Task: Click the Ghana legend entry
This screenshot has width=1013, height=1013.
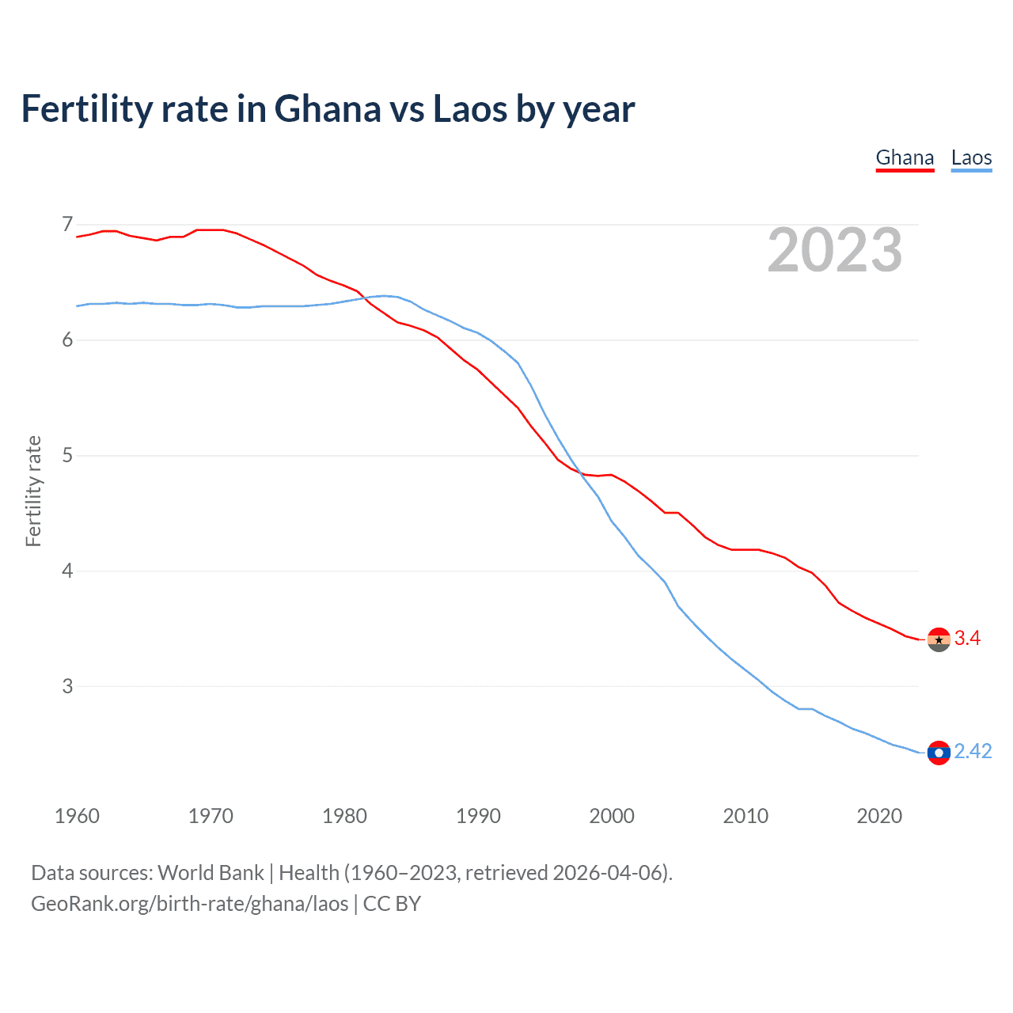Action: (905, 157)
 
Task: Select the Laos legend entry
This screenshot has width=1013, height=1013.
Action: (971, 157)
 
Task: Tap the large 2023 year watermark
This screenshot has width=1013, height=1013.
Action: (834, 250)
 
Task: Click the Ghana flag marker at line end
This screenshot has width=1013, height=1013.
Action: (939, 639)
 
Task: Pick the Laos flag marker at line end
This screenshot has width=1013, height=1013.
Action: (939, 753)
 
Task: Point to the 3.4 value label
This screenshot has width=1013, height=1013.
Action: (967, 639)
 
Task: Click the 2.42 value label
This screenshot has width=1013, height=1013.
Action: (973, 751)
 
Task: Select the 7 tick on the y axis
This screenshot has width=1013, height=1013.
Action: (67, 225)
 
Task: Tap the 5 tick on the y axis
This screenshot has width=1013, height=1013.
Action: (67, 456)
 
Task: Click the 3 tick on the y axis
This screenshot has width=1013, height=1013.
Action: (67, 686)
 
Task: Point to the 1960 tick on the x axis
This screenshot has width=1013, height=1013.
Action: (77, 816)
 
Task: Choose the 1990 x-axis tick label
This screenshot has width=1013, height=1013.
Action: (478, 816)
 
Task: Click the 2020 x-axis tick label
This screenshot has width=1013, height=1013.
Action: (879, 816)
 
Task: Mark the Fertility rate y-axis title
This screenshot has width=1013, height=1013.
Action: (33, 491)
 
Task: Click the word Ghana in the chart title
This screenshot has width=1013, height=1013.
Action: (327, 109)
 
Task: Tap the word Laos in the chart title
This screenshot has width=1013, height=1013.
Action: (469, 109)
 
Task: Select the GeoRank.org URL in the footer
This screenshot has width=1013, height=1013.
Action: (189, 904)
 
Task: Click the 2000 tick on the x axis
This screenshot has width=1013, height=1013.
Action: (612, 816)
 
